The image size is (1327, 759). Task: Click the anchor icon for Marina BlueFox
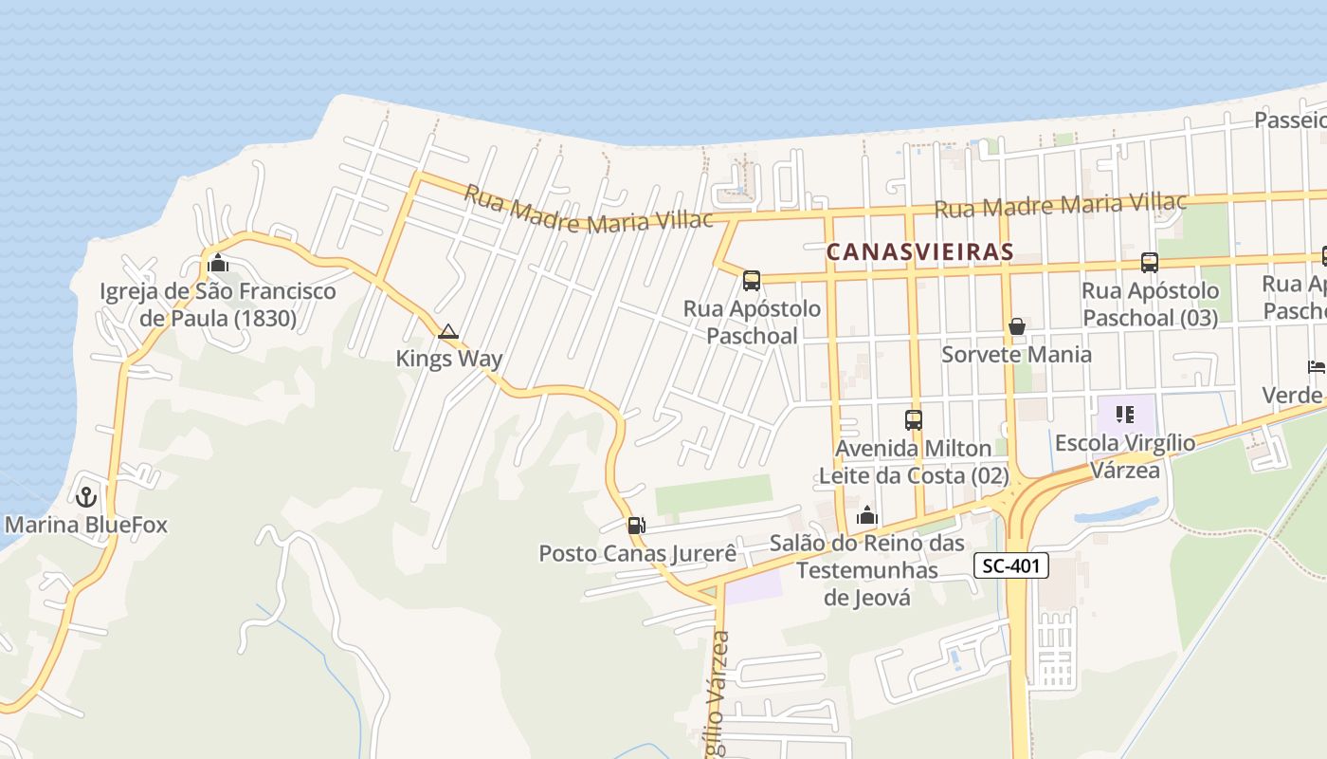pyautogui.click(x=86, y=496)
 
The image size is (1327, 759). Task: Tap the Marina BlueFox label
pyautogui.click(x=86, y=525)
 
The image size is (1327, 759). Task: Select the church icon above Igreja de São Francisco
pyautogui.click(x=218, y=262)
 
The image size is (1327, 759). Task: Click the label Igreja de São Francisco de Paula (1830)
pyautogui.click(x=218, y=305)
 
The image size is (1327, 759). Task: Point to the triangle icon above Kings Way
pyautogui.click(x=448, y=331)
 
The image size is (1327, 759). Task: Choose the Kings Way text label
pyautogui.click(x=448, y=359)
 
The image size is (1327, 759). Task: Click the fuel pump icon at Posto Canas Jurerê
pyautogui.click(x=636, y=525)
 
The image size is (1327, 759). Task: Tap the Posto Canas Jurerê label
pyautogui.click(x=637, y=553)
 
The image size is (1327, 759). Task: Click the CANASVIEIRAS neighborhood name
pyautogui.click(x=919, y=252)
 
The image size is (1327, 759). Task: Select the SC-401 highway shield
pyautogui.click(x=1011, y=566)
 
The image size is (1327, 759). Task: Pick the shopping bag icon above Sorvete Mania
pyautogui.click(x=1017, y=326)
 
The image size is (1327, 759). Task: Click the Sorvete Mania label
pyautogui.click(x=1016, y=354)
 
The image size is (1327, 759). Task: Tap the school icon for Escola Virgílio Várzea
pyautogui.click(x=1125, y=415)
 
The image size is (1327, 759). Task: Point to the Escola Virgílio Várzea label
pyautogui.click(x=1125, y=455)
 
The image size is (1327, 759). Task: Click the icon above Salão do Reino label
pyautogui.click(x=866, y=515)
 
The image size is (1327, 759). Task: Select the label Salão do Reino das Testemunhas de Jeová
pyautogui.click(x=866, y=570)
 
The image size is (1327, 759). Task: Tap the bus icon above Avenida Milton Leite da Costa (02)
pyautogui.click(x=913, y=419)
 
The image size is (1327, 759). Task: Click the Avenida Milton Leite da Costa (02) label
pyautogui.click(x=913, y=461)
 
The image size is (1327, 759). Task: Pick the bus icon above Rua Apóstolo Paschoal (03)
pyautogui.click(x=1149, y=263)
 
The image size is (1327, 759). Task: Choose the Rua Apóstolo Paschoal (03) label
pyautogui.click(x=1150, y=304)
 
